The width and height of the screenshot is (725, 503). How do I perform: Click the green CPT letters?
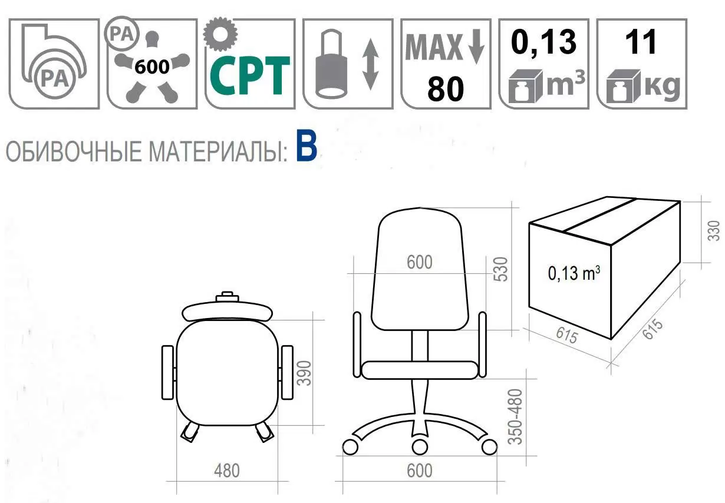click(x=249, y=76)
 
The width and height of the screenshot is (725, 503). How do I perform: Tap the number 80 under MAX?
click(x=446, y=88)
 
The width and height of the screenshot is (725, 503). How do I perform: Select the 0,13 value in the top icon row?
click(x=543, y=42)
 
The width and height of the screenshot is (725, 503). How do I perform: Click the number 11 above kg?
click(x=641, y=42)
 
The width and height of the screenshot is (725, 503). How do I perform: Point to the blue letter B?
click(x=306, y=145)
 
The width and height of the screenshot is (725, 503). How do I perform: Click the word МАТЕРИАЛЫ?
click(x=218, y=151)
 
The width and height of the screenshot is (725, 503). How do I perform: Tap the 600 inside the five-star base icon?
click(x=152, y=67)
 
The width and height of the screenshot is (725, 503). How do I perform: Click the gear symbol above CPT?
click(x=220, y=34)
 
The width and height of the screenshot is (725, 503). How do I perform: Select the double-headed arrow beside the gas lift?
click(x=371, y=64)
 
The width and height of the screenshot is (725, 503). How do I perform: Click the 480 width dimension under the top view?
click(x=227, y=471)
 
